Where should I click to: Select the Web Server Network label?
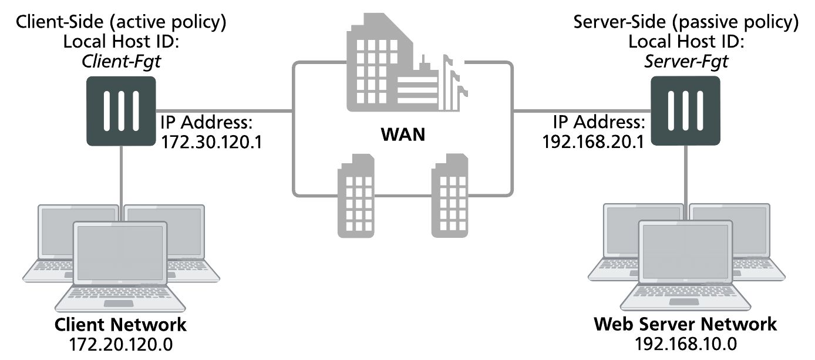tap(685, 325)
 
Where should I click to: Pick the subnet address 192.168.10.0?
tap(685, 344)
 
